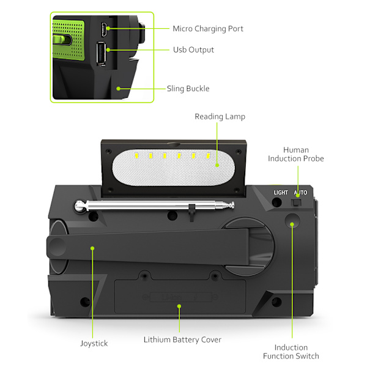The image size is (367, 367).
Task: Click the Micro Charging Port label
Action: [208, 29]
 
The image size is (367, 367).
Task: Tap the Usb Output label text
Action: [193, 50]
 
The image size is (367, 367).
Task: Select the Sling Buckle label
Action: [188, 89]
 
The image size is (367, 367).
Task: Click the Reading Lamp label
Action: [220, 117]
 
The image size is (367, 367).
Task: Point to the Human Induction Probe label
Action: [296, 154]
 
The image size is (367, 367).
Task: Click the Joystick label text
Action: [94, 344]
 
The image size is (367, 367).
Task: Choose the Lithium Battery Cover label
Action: [182, 339]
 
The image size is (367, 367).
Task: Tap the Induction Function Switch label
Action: [291, 352]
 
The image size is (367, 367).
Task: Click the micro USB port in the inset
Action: [104, 29]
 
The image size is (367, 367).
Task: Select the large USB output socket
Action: [101, 54]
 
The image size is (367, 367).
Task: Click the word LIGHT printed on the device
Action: [281, 193]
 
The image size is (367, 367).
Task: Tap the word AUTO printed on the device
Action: [300, 193]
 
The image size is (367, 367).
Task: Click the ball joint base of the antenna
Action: [80, 206]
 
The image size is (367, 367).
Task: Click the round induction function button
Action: [292, 221]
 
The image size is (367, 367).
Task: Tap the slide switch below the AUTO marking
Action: [296, 202]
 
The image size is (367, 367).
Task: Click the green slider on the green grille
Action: [61, 40]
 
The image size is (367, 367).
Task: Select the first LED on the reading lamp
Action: [136, 155]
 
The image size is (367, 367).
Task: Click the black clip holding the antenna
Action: [191, 212]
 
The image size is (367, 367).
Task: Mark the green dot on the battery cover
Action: [179, 306]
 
